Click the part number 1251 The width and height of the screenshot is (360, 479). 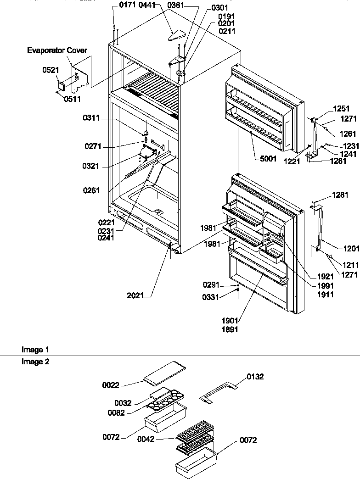[x=342, y=109]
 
